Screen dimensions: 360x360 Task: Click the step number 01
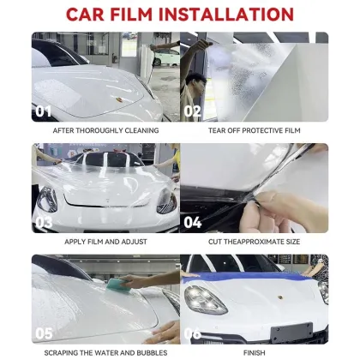[x=44, y=111]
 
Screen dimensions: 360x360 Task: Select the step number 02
[x=192, y=111]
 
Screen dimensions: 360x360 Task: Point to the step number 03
[x=44, y=221]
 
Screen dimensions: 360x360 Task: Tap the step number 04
[x=192, y=221]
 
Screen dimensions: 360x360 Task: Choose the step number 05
[x=44, y=333]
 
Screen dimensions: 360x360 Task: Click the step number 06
[x=192, y=333]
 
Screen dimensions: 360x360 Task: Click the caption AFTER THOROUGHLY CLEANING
[x=105, y=130]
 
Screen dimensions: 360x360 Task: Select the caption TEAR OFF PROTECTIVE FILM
[x=254, y=130]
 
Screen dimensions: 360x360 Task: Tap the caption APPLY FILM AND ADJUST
[x=105, y=241]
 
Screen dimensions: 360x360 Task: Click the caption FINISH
[x=254, y=351]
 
